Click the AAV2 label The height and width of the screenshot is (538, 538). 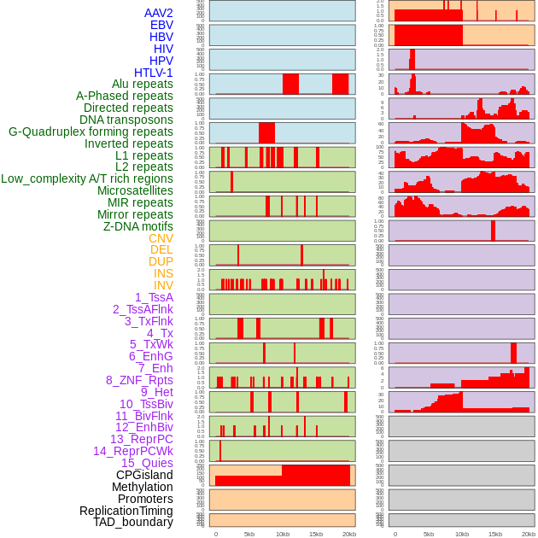click(159, 13)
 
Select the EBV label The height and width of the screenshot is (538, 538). click(161, 25)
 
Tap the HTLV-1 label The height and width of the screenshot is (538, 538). click(154, 73)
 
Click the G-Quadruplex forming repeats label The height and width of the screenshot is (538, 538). click(91, 132)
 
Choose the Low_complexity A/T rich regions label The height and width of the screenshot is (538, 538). click(87, 178)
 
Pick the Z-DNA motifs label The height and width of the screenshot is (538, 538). click(138, 226)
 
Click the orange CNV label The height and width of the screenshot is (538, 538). click(161, 238)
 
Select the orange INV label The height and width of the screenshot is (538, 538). click(163, 285)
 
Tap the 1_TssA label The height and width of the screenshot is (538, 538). click(154, 297)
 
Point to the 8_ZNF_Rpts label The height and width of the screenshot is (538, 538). click(139, 380)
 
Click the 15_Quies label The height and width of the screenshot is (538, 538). click(147, 463)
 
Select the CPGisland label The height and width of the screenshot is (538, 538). click(144, 475)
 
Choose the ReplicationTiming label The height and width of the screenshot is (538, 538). click(126, 511)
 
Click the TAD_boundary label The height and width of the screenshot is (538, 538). click(133, 522)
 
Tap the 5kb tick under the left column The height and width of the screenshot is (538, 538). click(249, 534)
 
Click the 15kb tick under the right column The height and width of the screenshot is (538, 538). click(495, 534)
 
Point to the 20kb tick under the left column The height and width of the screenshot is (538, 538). click(349, 534)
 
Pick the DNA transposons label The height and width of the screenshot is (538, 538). click(126, 120)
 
